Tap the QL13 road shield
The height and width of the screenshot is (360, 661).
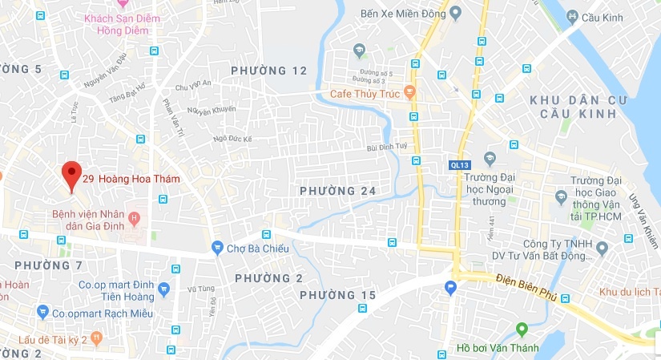click(458, 164)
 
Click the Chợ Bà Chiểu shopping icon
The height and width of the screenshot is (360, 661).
click(216, 248)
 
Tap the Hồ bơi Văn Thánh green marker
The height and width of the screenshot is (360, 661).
click(522, 329)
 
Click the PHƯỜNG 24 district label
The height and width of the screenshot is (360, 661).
click(337, 190)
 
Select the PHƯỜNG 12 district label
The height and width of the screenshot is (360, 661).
click(269, 71)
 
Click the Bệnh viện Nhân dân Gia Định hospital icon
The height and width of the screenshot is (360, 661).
click(134, 218)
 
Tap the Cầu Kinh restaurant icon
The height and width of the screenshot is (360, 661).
click(572, 16)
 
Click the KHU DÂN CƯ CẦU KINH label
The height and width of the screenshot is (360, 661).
click(574, 107)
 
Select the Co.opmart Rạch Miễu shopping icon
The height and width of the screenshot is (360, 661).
click(42, 312)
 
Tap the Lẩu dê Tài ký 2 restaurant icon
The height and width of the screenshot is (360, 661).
click(96, 338)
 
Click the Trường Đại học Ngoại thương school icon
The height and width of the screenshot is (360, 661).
click(490, 157)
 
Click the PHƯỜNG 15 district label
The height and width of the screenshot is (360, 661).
click(337, 296)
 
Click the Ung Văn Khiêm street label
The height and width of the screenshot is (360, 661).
click(642, 204)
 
